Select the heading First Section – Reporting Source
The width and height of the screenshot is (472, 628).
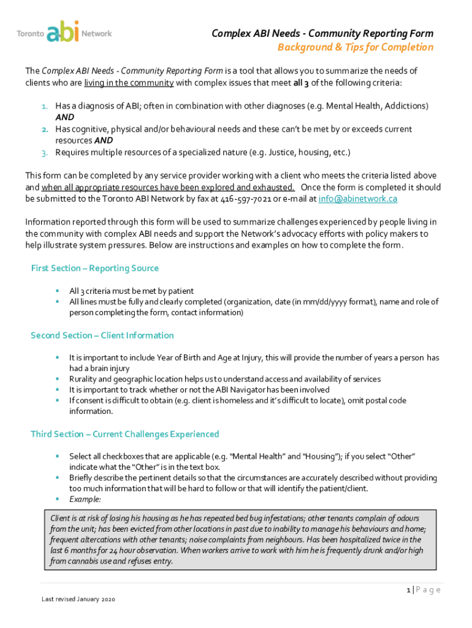(94, 268)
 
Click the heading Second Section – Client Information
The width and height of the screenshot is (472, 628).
(102, 335)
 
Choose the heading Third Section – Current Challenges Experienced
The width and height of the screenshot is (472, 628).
(124, 434)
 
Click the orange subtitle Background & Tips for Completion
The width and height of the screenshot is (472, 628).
(356, 47)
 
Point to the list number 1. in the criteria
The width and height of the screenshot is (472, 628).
(45, 106)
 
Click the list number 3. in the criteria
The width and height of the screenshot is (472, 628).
(45, 152)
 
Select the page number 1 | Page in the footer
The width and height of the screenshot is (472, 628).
(423, 590)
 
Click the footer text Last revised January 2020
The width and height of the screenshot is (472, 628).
(78, 599)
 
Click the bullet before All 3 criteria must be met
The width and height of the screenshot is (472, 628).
(56, 291)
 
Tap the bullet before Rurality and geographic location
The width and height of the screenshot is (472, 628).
(56, 379)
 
